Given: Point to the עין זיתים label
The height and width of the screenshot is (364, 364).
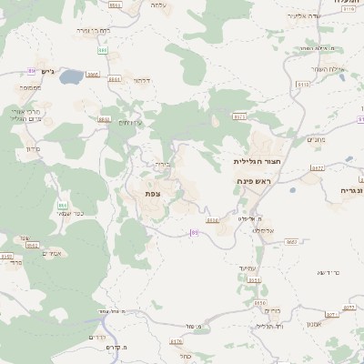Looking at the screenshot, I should tap(132, 123).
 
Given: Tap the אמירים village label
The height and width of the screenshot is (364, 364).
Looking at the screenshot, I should tap(50, 253).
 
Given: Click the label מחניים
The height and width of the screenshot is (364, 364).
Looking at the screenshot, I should tap(315, 139).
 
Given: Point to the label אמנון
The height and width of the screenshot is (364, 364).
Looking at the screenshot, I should tap(314, 325).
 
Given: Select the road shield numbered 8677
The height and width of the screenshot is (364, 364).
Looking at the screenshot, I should tap(318, 168).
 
